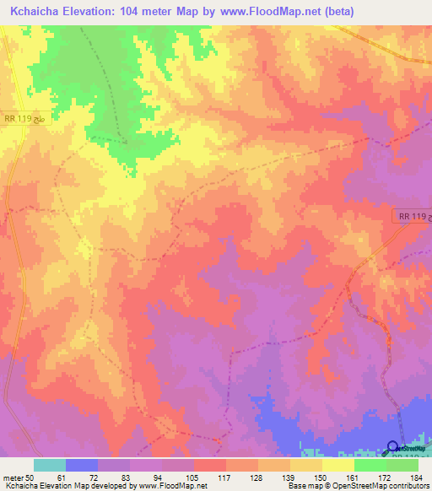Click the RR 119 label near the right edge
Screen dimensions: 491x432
pyautogui.click(x=411, y=217)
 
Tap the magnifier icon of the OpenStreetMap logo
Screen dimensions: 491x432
pyautogui.click(x=393, y=447)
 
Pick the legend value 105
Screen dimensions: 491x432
pyautogui.click(x=193, y=478)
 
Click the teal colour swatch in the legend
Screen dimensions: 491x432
pyautogui.click(x=50, y=465)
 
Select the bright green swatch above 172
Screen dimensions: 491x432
pyautogui.click(x=370, y=465)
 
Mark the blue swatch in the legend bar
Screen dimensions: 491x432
pyautogui.click(x=82, y=465)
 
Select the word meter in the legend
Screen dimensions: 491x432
pyautogui.click(x=13, y=478)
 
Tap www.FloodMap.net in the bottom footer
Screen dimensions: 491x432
pyautogui.click(x=167, y=486)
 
